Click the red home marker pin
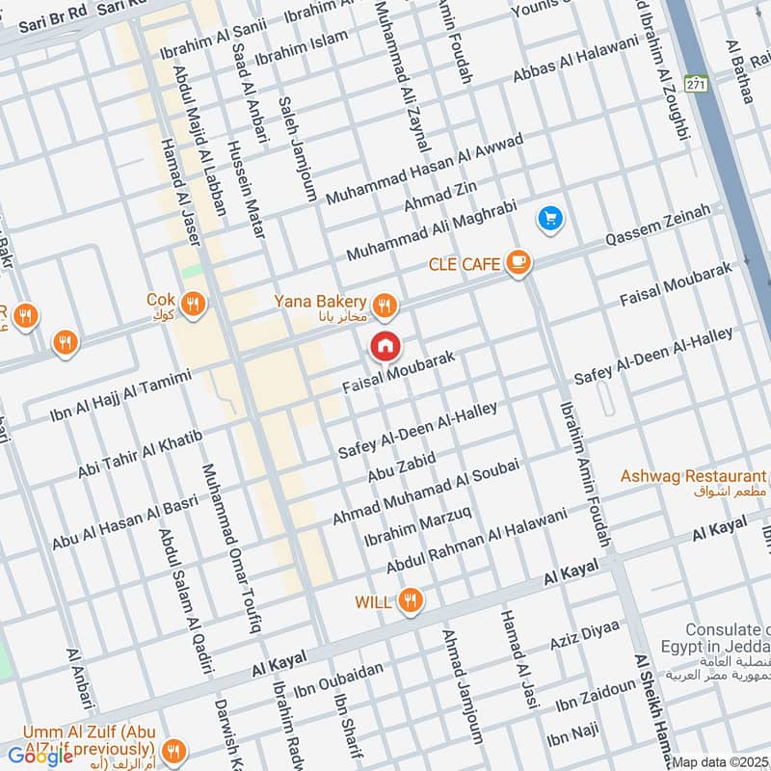pyautogui.click(x=385, y=345)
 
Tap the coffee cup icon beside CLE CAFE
pyautogui.click(x=518, y=261)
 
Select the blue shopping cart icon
pyautogui.click(x=550, y=220)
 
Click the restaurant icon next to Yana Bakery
pyautogui.click(x=385, y=306)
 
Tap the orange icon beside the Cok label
pyautogui.click(x=194, y=305)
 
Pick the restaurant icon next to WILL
pyautogui.click(x=412, y=601)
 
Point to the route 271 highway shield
pyautogui.click(x=697, y=83)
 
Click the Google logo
pyautogui.click(x=40, y=756)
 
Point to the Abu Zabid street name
pyautogui.click(x=402, y=467)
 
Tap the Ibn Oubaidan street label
pyautogui.click(x=338, y=678)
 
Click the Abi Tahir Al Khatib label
pyautogui.click(x=140, y=455)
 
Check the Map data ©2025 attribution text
pyautogui.click(x=721, y=762)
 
